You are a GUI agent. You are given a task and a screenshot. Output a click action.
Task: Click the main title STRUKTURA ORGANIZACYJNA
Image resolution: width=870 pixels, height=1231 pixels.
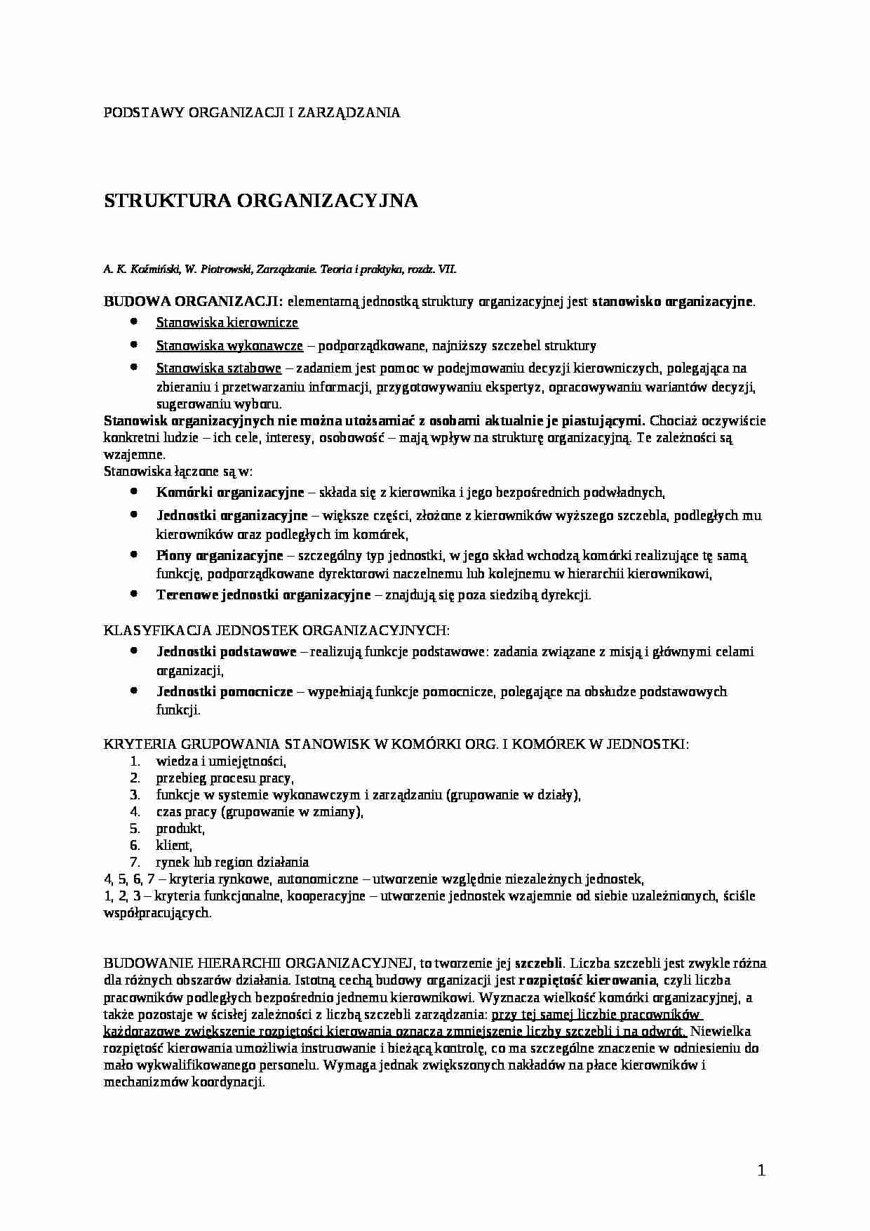click(x=260, y=201)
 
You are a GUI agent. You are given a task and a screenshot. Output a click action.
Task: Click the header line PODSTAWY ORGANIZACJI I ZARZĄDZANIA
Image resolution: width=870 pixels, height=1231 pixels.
click(x=252, y=112)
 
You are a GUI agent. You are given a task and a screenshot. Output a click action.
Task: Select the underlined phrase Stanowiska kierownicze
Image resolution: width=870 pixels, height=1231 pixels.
click(x=227, y=323)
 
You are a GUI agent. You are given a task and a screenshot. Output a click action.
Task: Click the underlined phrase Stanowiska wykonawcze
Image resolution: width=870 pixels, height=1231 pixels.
click(x=229, y=345)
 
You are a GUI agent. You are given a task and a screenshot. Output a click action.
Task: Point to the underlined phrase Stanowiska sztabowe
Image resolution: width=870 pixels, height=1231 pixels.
click(x=218, y=368)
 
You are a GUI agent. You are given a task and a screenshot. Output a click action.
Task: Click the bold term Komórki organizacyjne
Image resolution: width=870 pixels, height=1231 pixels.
click(x=230, y=493)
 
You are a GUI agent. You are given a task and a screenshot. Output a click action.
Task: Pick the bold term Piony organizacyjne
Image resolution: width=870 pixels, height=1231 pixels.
click(x=219, y=556)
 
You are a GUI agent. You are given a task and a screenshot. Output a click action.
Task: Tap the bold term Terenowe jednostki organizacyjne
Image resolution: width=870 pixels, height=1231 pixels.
click(x=263, y=595)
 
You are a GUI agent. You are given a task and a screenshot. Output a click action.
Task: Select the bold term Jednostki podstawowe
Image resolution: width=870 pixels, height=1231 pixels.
click(x=226, y=651)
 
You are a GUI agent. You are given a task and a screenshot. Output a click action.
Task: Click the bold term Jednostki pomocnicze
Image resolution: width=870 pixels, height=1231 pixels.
click(x=225, y=691)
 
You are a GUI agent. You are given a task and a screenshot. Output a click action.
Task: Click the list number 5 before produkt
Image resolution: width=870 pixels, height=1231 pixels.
click(x=135, y=828)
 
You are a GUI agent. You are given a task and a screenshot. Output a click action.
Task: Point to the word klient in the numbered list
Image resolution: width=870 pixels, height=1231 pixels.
click(x=173, y=845)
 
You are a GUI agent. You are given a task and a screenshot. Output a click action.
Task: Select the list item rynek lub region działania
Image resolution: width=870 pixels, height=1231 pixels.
click(x=232, y=862)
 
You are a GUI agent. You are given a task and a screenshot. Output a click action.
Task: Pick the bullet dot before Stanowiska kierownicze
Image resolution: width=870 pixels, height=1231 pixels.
click(x=134, y=322)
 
